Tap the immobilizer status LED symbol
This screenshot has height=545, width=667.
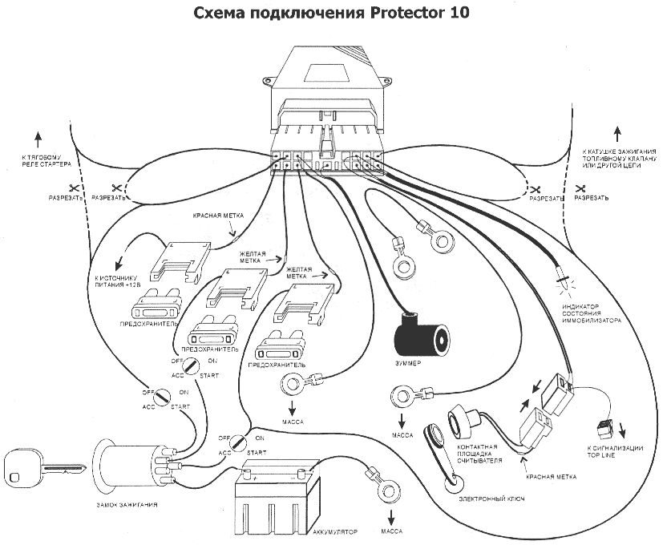pos(563,280)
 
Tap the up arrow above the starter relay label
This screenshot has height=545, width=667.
pos(35,135)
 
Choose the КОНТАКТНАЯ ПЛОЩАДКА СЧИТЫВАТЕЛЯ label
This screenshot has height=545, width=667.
pos(479,453)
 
